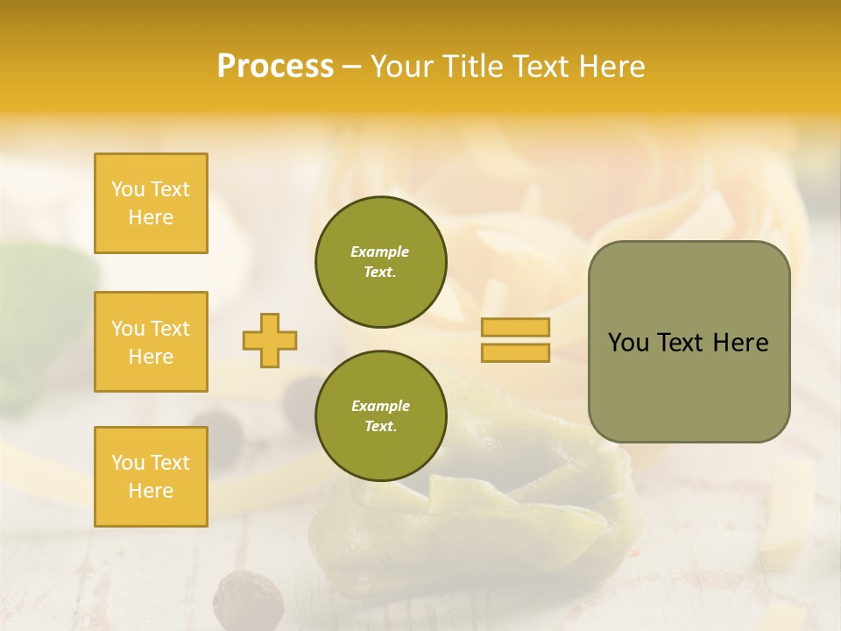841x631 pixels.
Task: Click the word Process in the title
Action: click(x=275, y=67)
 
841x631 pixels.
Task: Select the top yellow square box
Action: click(x=151, y=203)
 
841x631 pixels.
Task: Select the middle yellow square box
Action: click(x=151, y=342)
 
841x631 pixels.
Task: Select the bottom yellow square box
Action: click(x=151, y=476)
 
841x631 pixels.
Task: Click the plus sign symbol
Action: click(x=270, y=340)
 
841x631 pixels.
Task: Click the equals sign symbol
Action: click(x=515, y=340)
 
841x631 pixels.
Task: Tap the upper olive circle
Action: click(x=380, y=262)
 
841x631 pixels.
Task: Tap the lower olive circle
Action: click(x=380, y=416)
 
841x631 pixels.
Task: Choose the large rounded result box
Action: click(x=689, y=342)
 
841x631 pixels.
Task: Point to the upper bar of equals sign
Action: click(x=515, y=328)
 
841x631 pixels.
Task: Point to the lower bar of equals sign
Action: click(x=515, y=352)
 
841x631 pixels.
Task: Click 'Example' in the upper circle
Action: click(x=380, y=252)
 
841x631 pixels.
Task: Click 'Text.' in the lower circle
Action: click(x=380, y=427)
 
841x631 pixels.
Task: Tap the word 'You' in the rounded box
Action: click(x=628, y=343)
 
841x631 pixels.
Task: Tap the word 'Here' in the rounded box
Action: click(x=740, y=343)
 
